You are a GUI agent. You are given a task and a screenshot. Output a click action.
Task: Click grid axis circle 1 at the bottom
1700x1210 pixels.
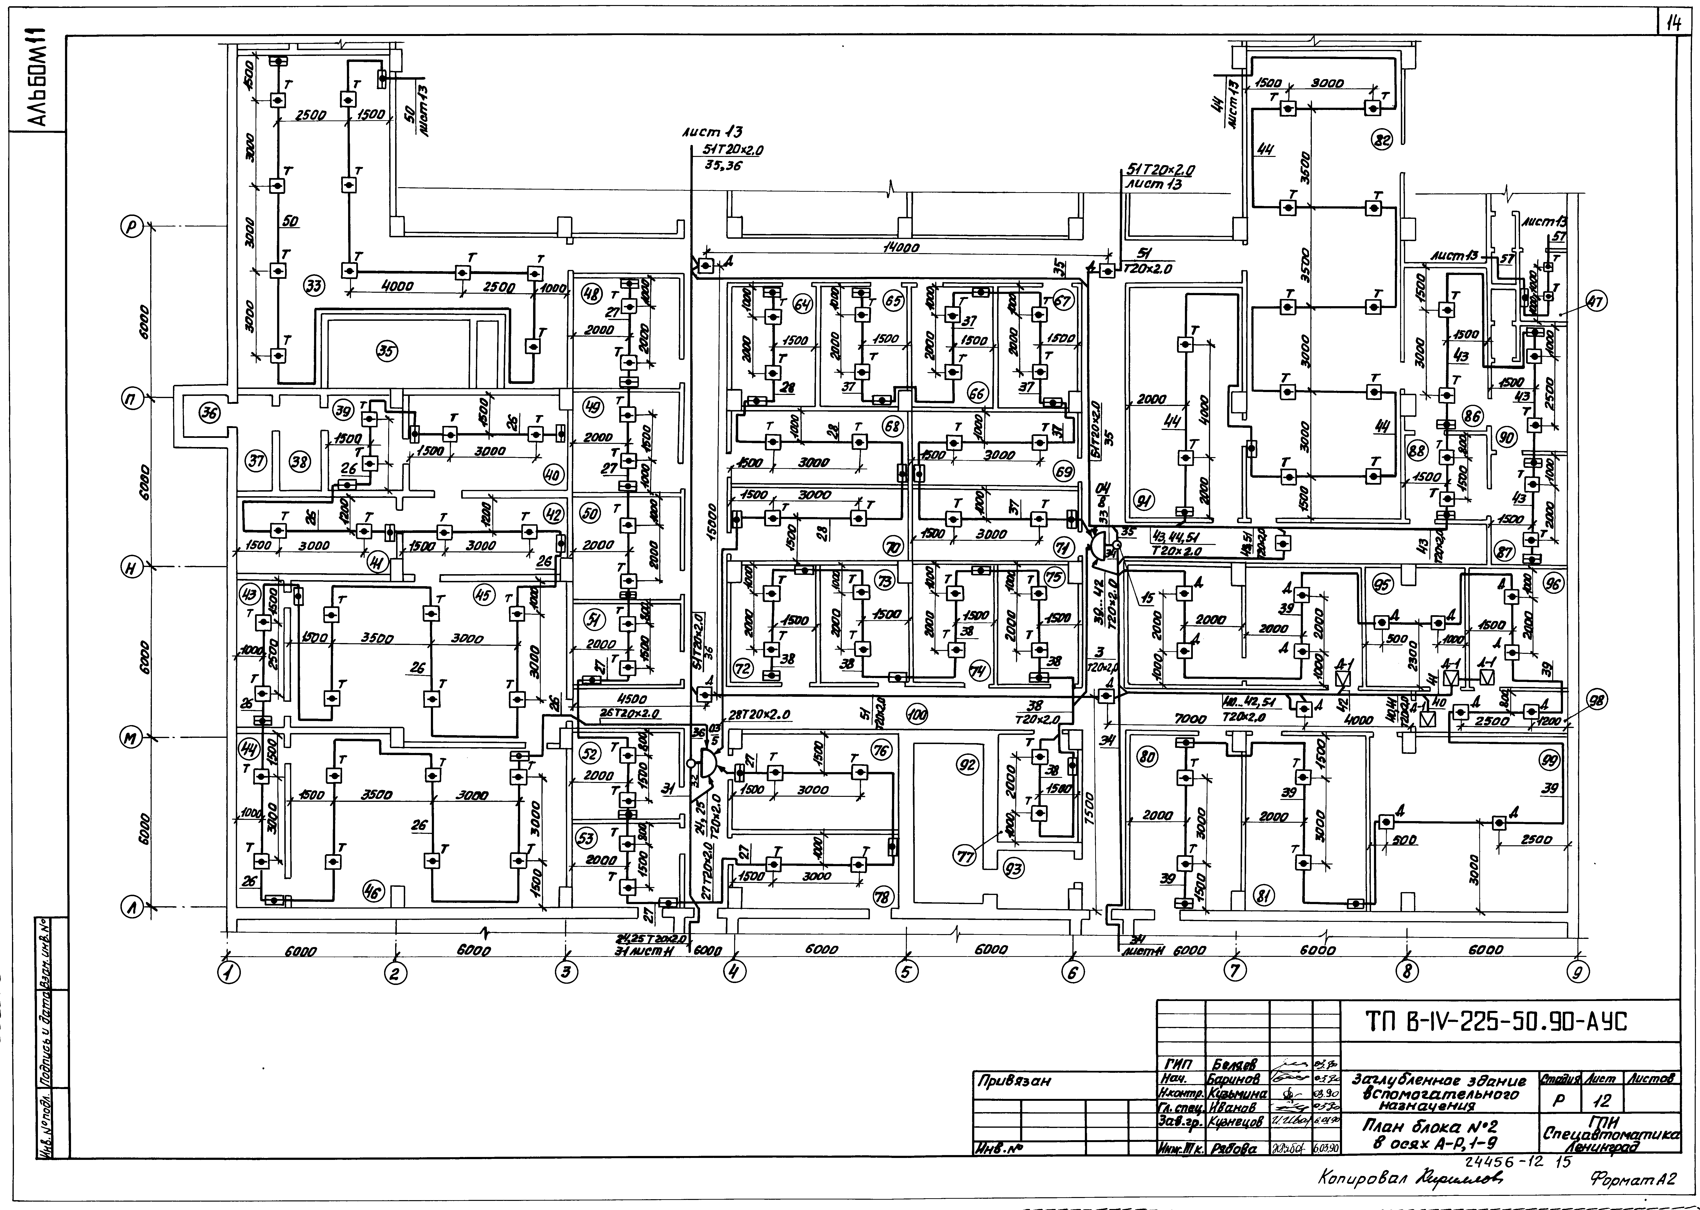pyautogui.click(x=228, y=972)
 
